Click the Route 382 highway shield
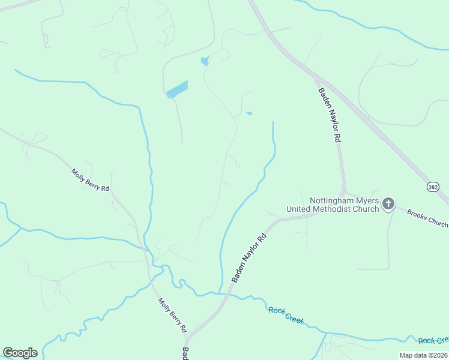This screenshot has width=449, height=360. coord(433,187)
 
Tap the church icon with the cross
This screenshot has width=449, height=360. coord(388,204)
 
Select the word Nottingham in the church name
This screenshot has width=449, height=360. coord(333,200)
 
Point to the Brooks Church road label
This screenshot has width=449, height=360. coord(427,218)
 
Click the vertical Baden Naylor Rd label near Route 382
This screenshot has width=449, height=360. coord(330,115)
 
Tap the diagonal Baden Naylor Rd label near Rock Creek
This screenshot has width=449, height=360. coord(249,258)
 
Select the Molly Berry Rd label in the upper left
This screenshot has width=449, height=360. coord(90,180)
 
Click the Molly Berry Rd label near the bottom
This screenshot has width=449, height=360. coord(172,316)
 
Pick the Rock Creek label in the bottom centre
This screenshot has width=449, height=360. coord(286,314)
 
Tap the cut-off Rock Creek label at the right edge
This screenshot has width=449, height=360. coord(433,341)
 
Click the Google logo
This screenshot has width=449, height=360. coord(20,353)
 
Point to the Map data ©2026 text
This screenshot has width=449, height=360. coord(423,355)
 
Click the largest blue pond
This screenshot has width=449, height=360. coord(177,89)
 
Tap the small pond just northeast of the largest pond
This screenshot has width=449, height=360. coord(205,61)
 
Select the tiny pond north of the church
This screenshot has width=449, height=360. coord(249,113)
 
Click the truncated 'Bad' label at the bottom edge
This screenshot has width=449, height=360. coord(186,354)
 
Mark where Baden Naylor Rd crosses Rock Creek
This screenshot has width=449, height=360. coord(228,293)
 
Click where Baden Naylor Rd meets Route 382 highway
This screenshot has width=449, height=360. coord(315,77)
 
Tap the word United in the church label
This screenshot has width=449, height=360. coord(299,209)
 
